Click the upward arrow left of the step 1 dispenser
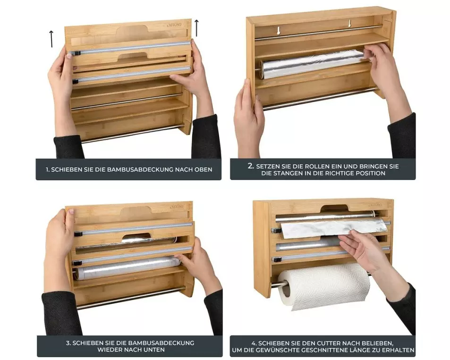pyautogui.click(x=51, y=39)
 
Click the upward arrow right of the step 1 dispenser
pyautogui.click(x=196, y=28)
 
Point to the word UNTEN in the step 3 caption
pyautogui.click(x=155, y=350)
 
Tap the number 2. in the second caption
pyautogui.click(x=251, y=166)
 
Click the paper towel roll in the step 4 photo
pyautogui.click(x=324, y=287)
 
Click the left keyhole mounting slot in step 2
pyautogui.click(x=278, y=30)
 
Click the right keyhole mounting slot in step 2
pyautogui.click(x=350, y=23)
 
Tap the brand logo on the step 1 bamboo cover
pyautogui.click(x=174, y=25)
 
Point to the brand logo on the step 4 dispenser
pyautogui.click(x=375, y=205)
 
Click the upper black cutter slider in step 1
pyautogui.click(x=77, y=53)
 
